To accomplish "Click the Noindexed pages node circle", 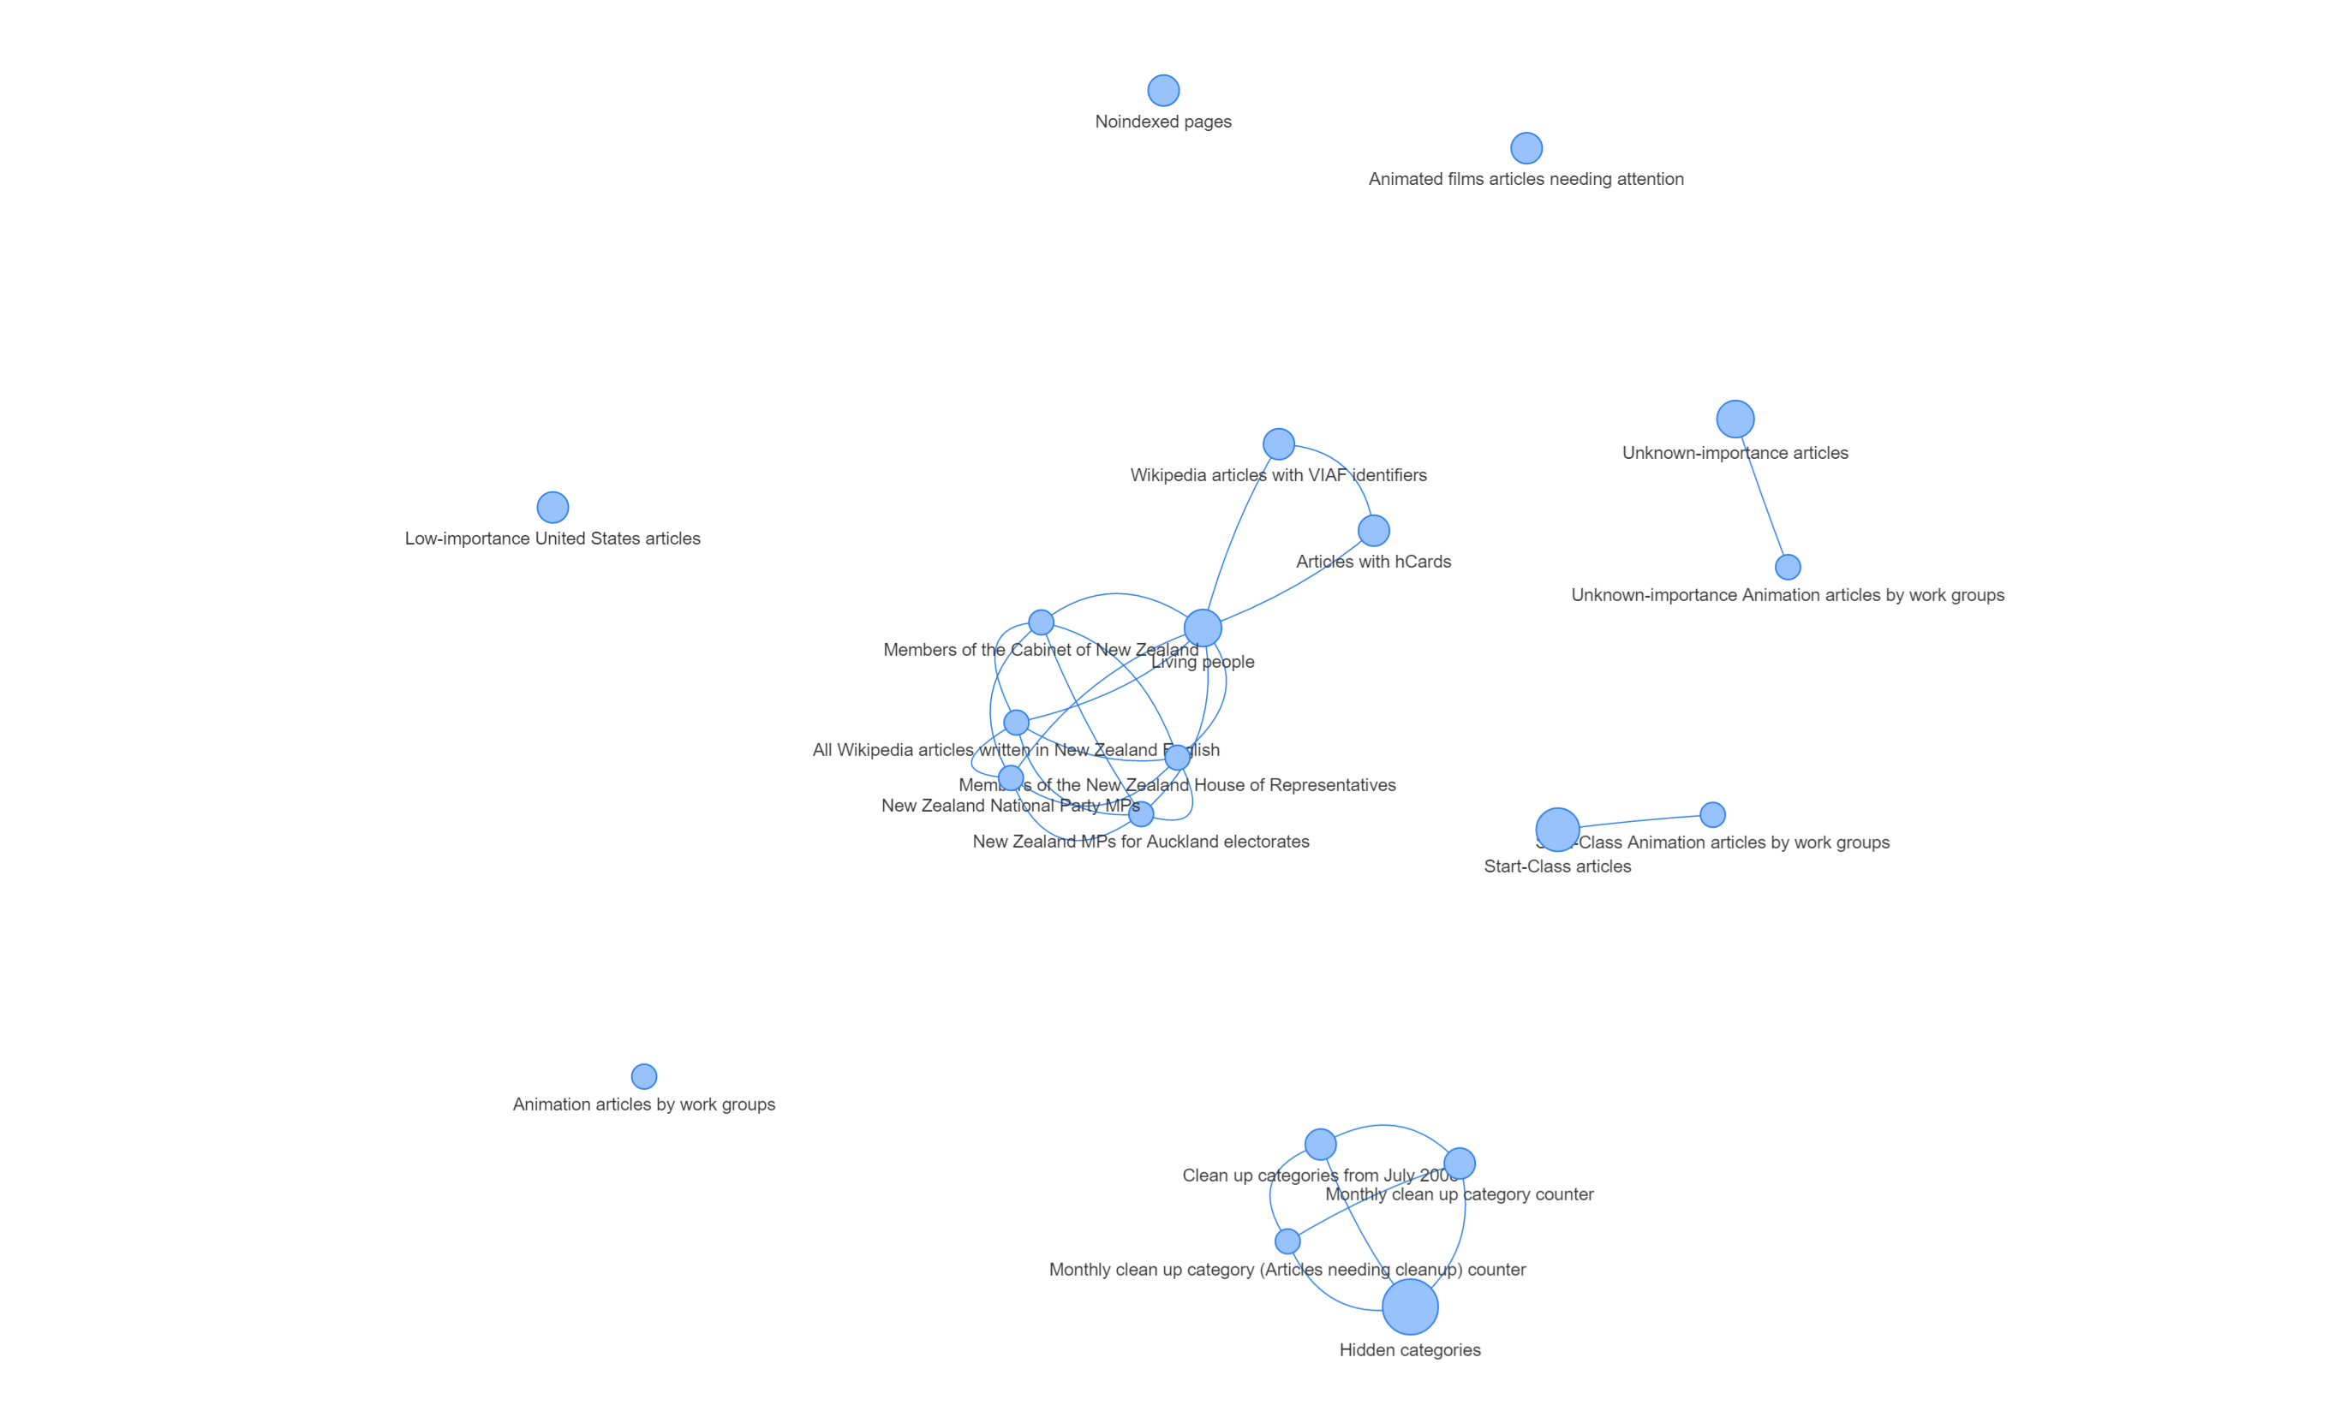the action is pyautogui.click(x=1163, y=91).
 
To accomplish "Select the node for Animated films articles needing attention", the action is pyautogui.click(x=1526, y=148).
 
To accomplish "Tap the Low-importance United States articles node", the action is pyautogui.click(x=552, y=508).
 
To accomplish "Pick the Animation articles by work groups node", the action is pyautogui.click(x=644, y=1076).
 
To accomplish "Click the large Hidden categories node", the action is pyautogui.click(x=1410, y=1307).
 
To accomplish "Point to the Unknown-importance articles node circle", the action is pyautogui.click(x=1735, y=419).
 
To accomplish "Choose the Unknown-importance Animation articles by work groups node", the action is pyautogui.click(x=1787, y=567).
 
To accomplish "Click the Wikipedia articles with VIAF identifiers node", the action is pyautogui.click(x=1279, y=444).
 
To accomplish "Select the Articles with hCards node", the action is pyautogui.click(x=1373, y=530).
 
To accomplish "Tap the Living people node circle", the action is pyautogui.click(x=1203, y=628).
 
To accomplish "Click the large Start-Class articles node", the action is pyautogui.click(x=1557, y=830).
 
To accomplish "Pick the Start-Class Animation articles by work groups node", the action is pyautogui.click(x=1712, y=814).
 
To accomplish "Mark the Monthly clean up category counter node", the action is pyautogui.click(x=1460, y=1163).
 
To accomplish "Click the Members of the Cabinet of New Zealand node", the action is pyautogui.click(x=1041, y=622).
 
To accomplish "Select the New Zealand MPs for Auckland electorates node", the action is pyautogui.click(x=1141, y=814).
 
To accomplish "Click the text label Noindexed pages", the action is pyautogui.click(x=1163, y=122).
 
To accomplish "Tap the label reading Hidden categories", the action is pyautogui.click(x=1410, y=1350).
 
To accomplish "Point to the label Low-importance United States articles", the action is pyautogui.click(x=552, y=539).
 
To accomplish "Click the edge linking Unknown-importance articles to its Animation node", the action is pyautogui.click(x=1765, y=502).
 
